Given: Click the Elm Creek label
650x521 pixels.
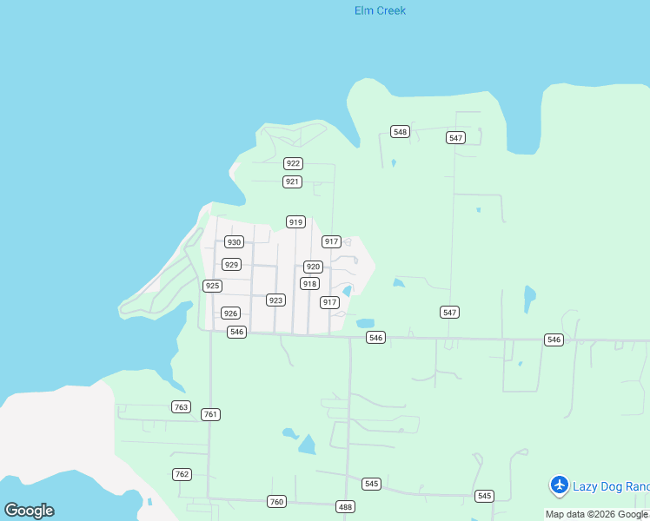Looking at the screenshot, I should click(x=380, y=11).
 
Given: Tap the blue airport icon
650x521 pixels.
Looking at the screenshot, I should click(x=560, y=485).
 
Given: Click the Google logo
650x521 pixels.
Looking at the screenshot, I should click(x=29, y=511).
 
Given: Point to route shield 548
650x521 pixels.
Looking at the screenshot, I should click(x=400, y=132).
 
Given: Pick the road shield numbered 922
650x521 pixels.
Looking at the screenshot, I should click(x=293, y=163).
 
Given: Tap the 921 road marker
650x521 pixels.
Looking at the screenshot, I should click(x=292, y=181).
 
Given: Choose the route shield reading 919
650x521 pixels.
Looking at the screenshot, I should click(x=295, y=222).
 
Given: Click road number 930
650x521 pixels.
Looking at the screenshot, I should click(x=234, y=242).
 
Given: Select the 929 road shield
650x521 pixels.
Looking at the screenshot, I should click(x=231, y=265).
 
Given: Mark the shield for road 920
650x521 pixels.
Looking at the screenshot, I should click(x=313, y=267).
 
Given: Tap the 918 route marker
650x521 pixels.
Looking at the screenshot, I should click(x=309, y=284).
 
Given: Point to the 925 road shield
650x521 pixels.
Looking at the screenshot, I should click(x=212, y=286).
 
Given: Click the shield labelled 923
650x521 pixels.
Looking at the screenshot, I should click(x=275, y=300).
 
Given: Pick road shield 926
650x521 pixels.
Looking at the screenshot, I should click(x=230, y=313).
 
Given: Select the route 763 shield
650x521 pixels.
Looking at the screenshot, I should click(x=181, y=407).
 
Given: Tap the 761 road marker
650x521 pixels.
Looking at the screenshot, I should click(x=210, y=415).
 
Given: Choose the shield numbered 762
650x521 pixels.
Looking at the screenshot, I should click(x=182, y=474).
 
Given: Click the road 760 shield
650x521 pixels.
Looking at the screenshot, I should click(x=276, y=501).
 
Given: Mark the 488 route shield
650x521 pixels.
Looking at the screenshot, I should click(x=345, y=506).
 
